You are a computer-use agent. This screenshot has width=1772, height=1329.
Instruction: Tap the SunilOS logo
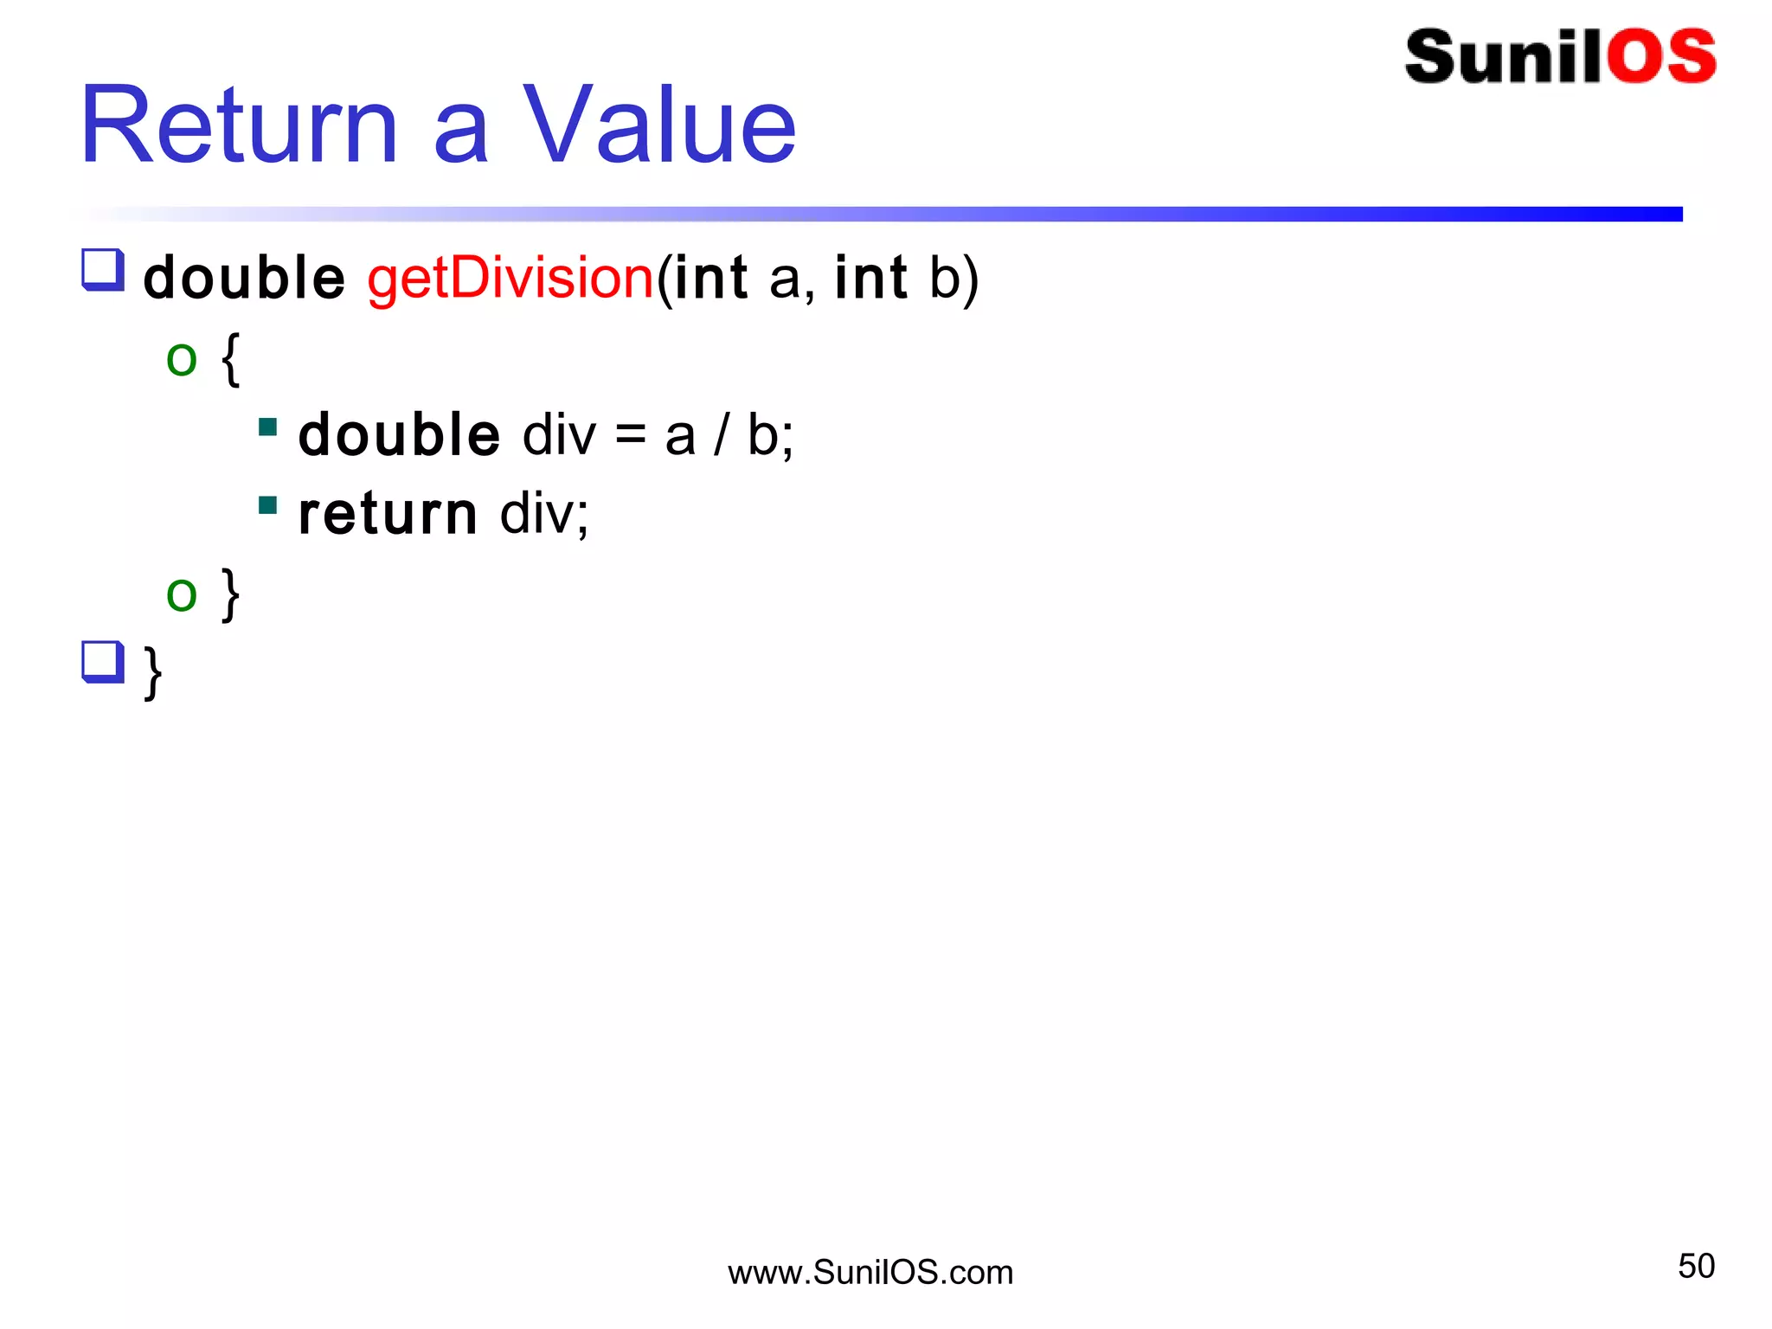point(1560,57)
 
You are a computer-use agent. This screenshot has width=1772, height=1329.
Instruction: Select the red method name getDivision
point(510,279)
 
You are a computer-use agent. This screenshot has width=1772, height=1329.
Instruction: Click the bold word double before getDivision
point(244,279)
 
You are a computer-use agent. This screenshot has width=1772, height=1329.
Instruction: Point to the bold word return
point(387,514)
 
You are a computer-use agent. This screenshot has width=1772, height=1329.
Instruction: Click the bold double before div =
point(399,434)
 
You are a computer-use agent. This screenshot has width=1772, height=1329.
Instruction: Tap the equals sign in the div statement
point(631,435)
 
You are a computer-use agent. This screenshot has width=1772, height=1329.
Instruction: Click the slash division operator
point(721,435)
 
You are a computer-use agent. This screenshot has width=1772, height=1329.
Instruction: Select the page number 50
point(1696,1266)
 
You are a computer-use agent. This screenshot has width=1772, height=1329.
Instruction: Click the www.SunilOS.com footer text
point(870,1273)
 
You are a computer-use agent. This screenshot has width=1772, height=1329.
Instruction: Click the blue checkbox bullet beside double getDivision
point(103,270)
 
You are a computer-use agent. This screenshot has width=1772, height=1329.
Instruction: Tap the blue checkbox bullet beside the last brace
point(103,662)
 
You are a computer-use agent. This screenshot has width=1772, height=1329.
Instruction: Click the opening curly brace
point(230,359)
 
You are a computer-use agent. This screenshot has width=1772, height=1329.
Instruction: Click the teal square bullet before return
point(268,504)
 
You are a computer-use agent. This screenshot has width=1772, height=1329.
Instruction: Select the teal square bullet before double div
point(268,427)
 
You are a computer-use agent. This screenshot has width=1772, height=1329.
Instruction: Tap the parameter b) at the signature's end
point(953,279)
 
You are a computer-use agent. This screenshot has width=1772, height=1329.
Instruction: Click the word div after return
point(544,514)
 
